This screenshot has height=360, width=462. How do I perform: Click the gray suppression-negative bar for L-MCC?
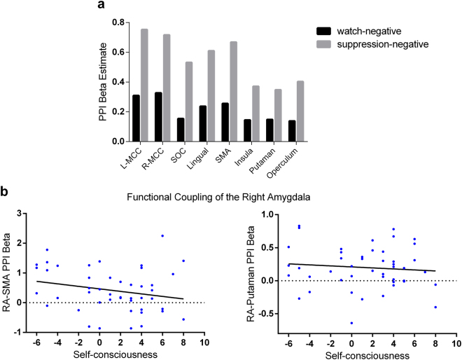coord(144,85)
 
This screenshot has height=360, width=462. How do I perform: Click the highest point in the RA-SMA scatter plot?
coord(162,236)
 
